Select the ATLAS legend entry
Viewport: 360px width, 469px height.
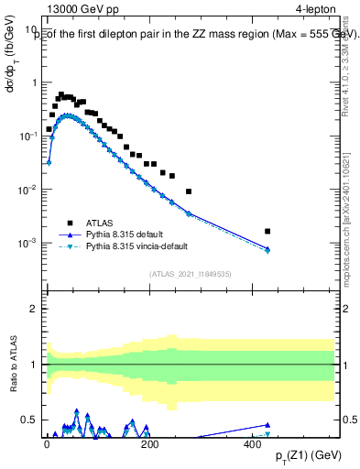tap(98, 223)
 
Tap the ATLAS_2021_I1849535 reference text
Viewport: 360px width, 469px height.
tap(191, 273)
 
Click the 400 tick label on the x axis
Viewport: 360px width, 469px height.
tap(248, 443)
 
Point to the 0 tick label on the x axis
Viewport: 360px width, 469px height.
tap(47, 443)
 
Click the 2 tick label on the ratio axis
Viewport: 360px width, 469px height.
tap(33, 309)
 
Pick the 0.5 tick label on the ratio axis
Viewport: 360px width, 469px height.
tap(28, 420)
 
